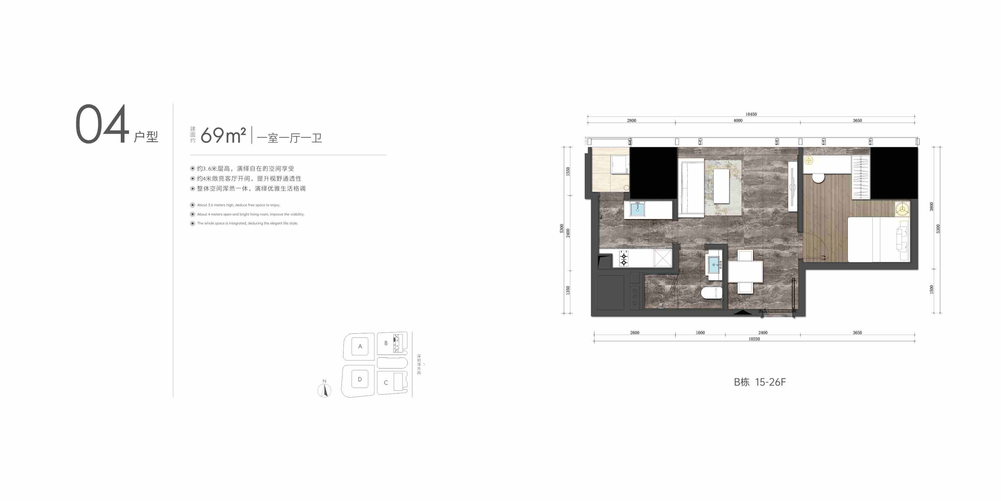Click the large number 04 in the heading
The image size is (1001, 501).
click(102, 124)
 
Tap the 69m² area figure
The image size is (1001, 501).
click(223, 135)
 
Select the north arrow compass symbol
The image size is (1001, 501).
click(324, 390)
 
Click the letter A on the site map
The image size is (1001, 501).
click(360, 346)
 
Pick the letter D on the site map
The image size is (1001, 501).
click(360, 379)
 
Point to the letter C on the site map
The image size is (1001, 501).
click(386, 382)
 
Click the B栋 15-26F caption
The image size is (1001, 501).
click(760, 382)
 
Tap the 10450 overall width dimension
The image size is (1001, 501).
click(751, 114)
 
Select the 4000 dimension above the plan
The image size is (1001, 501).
click(738, 121)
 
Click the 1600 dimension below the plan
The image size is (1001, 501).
click(700, 332)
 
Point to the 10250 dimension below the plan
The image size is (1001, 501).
click(754, 339)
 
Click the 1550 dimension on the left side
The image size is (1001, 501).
click(568, 171)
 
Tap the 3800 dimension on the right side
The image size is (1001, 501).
click(931, 206)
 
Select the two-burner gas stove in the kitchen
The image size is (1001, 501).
click(624, 258)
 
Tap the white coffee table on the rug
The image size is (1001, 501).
click(721, 186)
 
